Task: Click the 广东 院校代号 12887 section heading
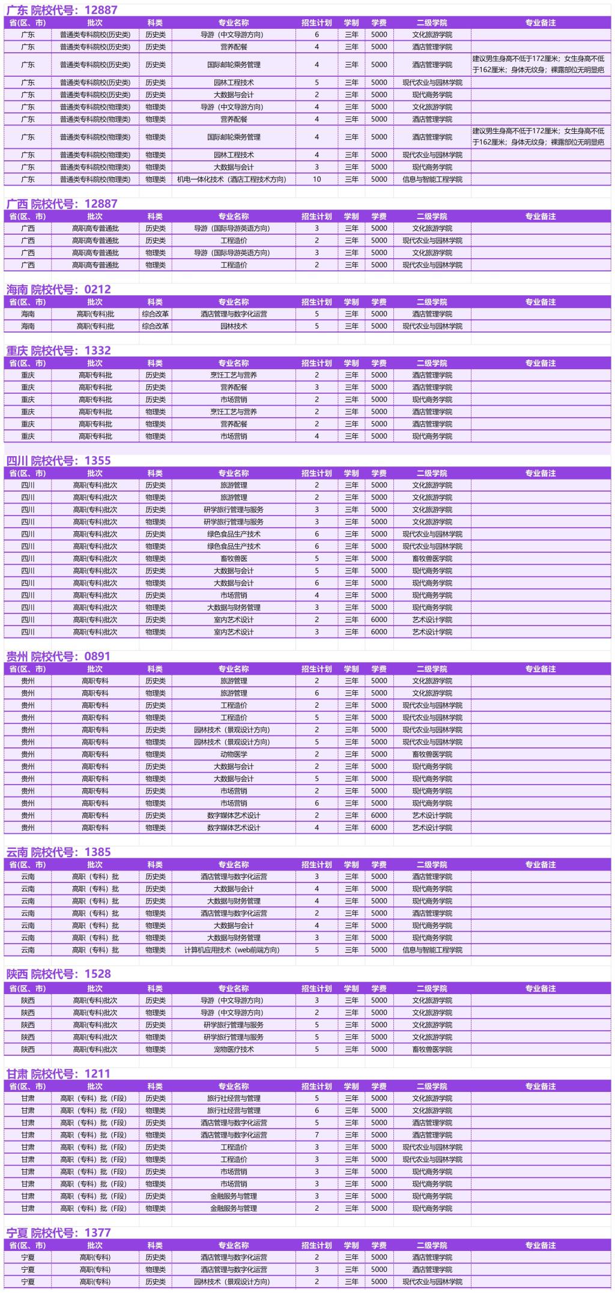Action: point(62,10)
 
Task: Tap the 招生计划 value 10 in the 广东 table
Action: point(317,179)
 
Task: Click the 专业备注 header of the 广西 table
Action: point(541,217)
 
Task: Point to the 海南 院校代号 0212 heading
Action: point(59,289)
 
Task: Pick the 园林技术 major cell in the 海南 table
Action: point(234,327)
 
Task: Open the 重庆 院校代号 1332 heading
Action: point(59,351)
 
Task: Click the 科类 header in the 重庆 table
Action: point(155,363)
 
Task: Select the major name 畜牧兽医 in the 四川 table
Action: point(234,559)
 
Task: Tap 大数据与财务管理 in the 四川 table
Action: point(234,607)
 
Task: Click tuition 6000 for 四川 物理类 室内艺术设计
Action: point(379,632)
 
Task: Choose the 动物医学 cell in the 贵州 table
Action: point(234,755)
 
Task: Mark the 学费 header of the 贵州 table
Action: point(379,669)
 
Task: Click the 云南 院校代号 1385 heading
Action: point(59,852)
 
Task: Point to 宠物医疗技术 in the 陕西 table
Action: point(234,1050)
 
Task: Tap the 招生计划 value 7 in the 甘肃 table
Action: point(317,1135)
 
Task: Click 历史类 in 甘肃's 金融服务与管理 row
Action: point(155,1196)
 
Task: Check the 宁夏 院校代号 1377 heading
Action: point(59,1233)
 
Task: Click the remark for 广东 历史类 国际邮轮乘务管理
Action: point(539,65)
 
